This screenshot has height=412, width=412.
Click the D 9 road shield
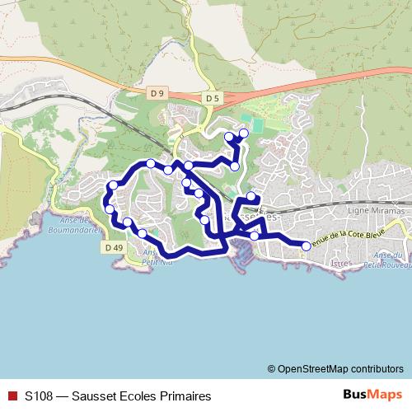(157, 95)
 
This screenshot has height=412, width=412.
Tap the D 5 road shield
(213, 99)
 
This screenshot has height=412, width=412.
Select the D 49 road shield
(115, 246)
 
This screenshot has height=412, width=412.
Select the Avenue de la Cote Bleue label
(344, 237)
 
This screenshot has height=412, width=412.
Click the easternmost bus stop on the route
(307, 246)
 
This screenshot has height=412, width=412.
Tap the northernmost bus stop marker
(244, 133)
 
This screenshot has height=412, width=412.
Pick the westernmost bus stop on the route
(107, 198)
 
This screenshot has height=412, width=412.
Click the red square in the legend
(12, 396)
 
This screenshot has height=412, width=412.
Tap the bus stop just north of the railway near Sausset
(251, 198)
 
